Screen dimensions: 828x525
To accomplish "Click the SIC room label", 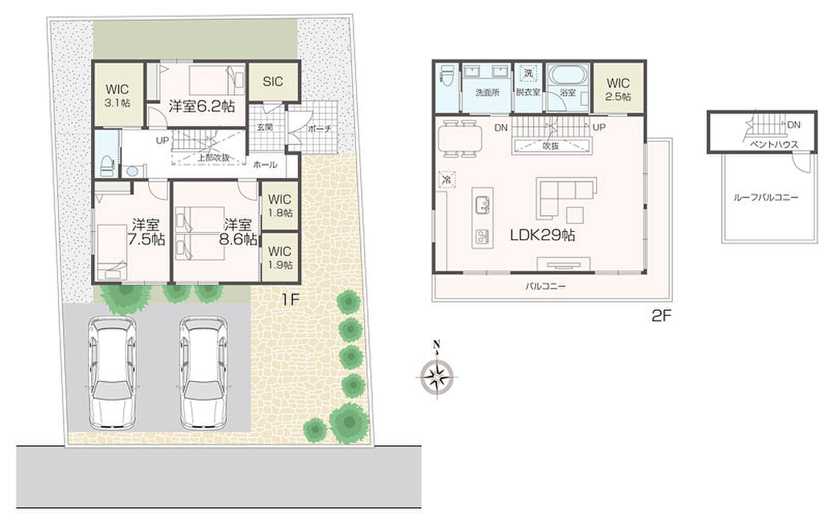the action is point(273,81).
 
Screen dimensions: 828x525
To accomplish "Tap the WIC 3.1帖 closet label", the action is point(117,95).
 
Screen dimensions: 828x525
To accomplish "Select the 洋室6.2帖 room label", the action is point(202,107).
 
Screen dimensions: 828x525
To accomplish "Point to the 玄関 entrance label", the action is point(264,127).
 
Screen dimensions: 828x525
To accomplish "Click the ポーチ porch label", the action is point(319,129).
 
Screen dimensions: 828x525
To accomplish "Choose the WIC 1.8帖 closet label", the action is point(280,206).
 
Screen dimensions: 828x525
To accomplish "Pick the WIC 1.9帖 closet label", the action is point(280,258).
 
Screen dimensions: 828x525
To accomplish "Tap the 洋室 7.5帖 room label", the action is point(146,232).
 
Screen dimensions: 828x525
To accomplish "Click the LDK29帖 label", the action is point(542,235).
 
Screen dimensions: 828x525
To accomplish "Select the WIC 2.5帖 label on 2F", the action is point(618,90).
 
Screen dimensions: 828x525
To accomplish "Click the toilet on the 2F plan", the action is point(446,76).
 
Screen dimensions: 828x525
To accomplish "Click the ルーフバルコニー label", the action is point(766,197).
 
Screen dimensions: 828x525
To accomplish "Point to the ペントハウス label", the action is point(774,144).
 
